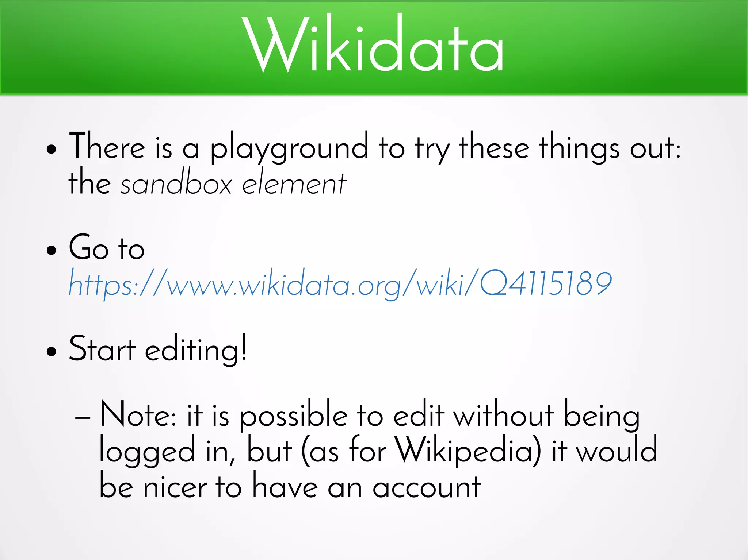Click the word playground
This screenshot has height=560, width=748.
click(x=289, y=148)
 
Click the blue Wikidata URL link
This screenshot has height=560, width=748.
click(x=340, y=283)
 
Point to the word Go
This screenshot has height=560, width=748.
click(x=89, y=248)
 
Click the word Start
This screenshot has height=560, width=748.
click(x=102, y=349)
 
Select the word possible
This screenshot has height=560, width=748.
click(x=294, y=416)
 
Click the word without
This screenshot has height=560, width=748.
click(x=504, y=415)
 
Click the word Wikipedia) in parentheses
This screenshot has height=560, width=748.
click(x=469, y=451)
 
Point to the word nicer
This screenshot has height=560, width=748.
click(x=175, y=487)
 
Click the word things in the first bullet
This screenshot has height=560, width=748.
click(x=579, y=148)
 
